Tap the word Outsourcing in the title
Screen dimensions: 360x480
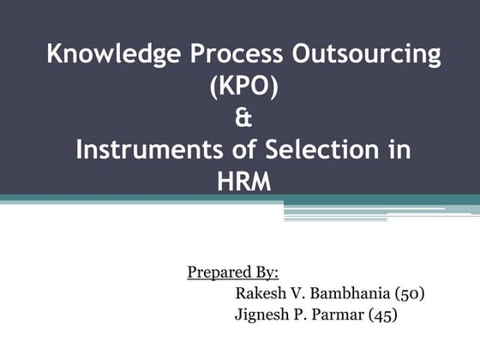[x=368, y=54]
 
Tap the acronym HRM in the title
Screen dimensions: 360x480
[x=243, y=181]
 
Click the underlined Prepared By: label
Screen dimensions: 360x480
[x=233, y=273]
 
